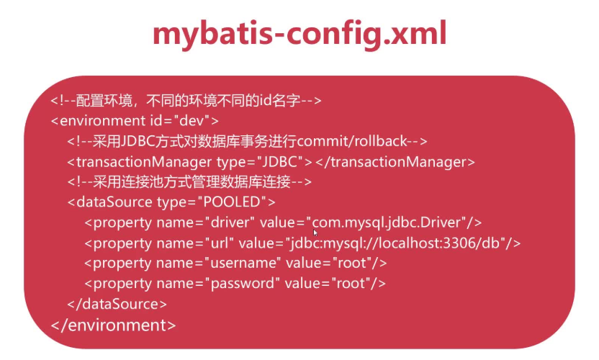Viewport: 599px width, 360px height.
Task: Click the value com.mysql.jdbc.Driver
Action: (x=390, y=222)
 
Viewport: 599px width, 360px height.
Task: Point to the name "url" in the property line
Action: (x=219, y=243)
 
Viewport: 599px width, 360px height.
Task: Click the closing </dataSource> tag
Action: (x=117, y=304)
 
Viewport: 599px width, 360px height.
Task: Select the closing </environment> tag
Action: (x=113, y=325)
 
